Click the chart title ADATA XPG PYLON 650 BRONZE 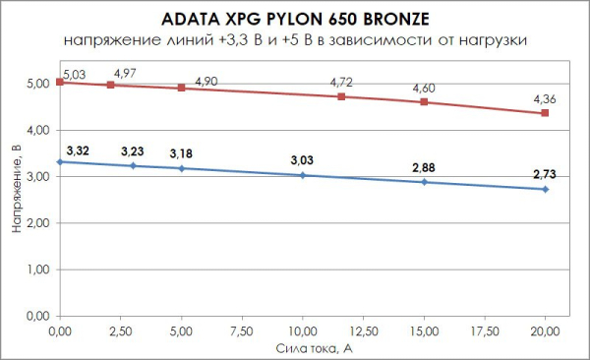(294, 20)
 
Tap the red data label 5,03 (75, 73)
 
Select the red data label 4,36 (546, 98)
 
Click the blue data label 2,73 (546, 174)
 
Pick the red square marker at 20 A (545, 113)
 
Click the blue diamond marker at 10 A (303, 175)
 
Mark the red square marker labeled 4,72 (341, 96)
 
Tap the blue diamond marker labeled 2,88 (424, 182)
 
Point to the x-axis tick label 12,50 (363, 328)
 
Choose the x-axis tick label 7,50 (242, 328)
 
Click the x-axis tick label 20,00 (545, 328)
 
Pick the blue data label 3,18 (181, 154)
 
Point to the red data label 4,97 (127, 74)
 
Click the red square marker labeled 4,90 (181, 88)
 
